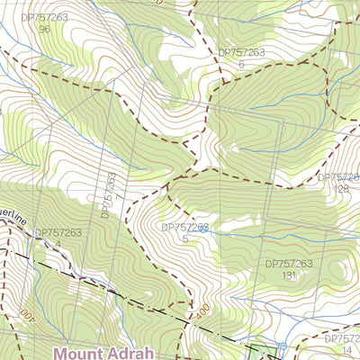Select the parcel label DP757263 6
pyautogui.click(x=241, y=58)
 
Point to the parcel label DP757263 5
pyautogui.click(x=185, y=233)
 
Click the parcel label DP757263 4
pyautogui.click(x=58, y=238)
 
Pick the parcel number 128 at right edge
pyautogui.click(x=342, y=189)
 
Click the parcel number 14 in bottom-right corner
pyautogui.click(x=346, y=350)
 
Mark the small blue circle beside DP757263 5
pyautogui.click(x=203, y=229)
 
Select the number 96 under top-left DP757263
pyautogui.click(x=44, y=29)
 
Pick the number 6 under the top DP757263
pyautogui.click(x=241, y=65)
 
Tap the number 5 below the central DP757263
pyautogui.click(x=185, y=239)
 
